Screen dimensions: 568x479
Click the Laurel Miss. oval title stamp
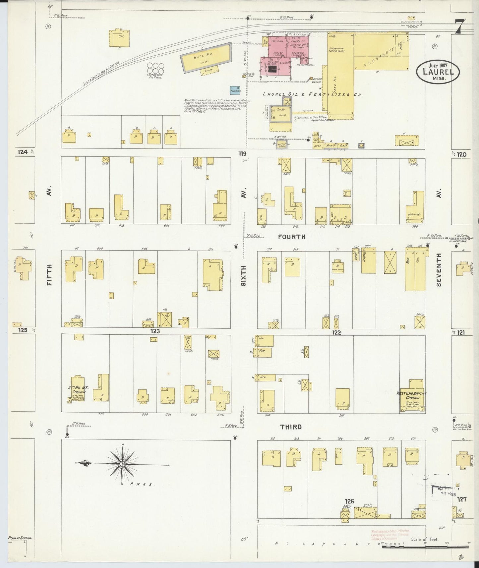coord(438,72)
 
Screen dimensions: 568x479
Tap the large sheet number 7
coord(459,27)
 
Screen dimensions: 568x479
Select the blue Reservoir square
coord(235,90)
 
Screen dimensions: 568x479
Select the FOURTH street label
coord(291,237)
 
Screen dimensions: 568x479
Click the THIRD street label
coord(291,427)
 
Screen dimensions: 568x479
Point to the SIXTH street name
coord(244,275)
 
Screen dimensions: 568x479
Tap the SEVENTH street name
coord(439,269)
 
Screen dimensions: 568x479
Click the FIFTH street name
coord(49,275)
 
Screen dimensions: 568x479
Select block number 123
coord(155,331)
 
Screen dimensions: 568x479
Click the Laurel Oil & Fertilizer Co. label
coord(312,94)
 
